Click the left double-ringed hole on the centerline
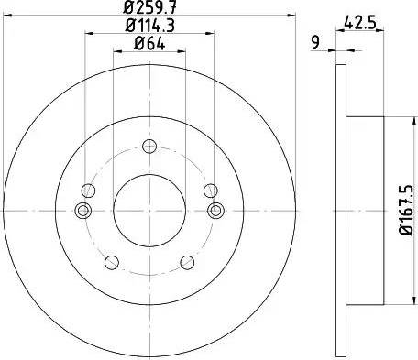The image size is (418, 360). click(82, 211)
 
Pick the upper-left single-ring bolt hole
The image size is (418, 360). click(88, 191)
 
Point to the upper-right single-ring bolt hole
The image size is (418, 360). click(209, 191)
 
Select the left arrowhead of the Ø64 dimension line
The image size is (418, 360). click(115, 52)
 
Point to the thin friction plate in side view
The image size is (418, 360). click(341, 210)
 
